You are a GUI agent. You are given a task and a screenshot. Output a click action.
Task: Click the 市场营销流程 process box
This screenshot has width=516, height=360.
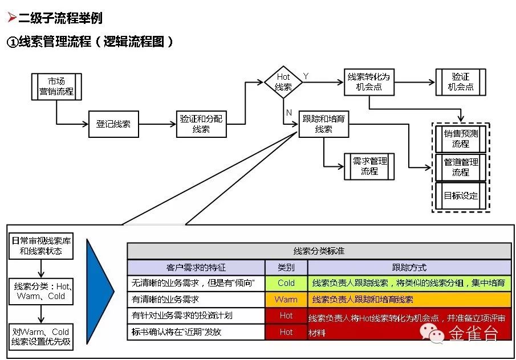click(x=56, y=86)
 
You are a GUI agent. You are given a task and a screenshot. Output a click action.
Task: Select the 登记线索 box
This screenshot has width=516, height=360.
click(x=113, y=124)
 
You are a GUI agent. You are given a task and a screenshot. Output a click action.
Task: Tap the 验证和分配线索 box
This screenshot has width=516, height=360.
click(x=201, y=124)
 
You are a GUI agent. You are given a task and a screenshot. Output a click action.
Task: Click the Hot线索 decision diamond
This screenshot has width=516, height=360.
click(x=283, y=82)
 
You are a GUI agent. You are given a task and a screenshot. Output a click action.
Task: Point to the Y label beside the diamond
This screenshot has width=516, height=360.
click(x=306, y=76)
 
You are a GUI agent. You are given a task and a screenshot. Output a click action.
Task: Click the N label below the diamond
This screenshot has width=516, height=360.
click(x=289, y=112)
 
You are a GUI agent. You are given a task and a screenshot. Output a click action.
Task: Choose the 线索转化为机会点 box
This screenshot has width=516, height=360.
click(x=369, y=82)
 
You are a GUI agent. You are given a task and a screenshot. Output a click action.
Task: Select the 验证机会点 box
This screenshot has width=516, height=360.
click(x=461, y=82)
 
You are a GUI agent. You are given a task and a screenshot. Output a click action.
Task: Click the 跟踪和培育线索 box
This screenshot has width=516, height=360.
click(x=324, y=124)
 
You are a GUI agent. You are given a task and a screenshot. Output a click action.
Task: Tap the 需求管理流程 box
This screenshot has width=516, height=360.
click(x=369, y=166)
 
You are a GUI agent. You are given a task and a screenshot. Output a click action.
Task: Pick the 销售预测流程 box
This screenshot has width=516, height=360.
click(x=461, y=138)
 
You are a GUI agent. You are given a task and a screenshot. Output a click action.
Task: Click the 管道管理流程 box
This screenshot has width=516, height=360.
click(x=461, y=167)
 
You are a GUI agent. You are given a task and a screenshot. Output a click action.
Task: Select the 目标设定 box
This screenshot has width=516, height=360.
click(x=461, y=195)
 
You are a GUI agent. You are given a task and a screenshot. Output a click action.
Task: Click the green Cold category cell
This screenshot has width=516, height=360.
click(x=286, y=283)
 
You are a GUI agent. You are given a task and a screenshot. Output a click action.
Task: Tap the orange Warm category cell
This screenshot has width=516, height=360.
click(x=286, y=299)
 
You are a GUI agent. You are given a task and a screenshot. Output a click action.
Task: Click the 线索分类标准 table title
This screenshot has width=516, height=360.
click(x=319, y=251)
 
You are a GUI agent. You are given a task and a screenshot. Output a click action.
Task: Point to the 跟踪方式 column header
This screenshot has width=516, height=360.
click(x=409, y=267)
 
